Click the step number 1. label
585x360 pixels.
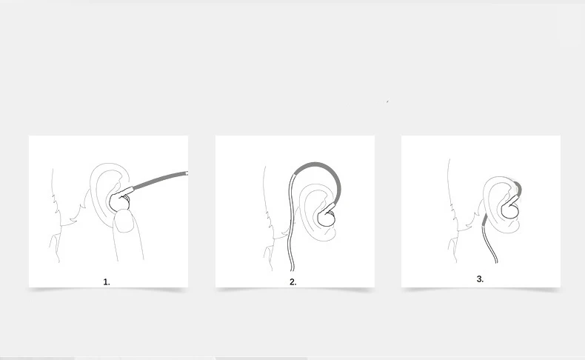point(107,282)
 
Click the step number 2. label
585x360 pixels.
point(293,282)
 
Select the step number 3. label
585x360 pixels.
point(480,279)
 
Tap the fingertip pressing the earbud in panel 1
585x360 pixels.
point(124,221)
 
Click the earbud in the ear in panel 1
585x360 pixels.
point(118,201)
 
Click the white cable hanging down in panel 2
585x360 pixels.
point(290,224)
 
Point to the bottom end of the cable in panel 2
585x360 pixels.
point(292,270)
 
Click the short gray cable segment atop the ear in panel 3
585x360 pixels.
point(518,189)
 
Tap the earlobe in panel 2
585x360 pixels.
point(327,234)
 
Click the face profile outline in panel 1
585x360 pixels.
point(55,216)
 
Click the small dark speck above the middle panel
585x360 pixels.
point(387,101)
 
